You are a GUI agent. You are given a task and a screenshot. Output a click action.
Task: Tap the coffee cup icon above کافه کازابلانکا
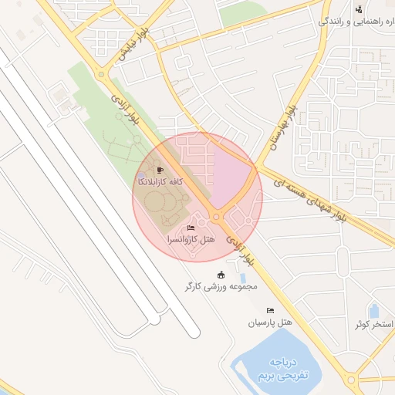(160, 170)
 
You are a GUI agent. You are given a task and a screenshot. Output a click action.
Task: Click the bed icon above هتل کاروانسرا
(191, 228)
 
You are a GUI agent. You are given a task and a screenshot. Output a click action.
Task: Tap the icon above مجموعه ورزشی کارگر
(221, 275)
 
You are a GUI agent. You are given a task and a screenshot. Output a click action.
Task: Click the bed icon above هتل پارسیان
(270, 310)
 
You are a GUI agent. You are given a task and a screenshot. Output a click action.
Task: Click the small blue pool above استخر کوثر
(374, 312)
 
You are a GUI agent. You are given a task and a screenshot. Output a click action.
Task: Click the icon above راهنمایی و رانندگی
(358, 9)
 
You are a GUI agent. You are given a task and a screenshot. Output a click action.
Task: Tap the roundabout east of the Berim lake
(356, 379)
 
